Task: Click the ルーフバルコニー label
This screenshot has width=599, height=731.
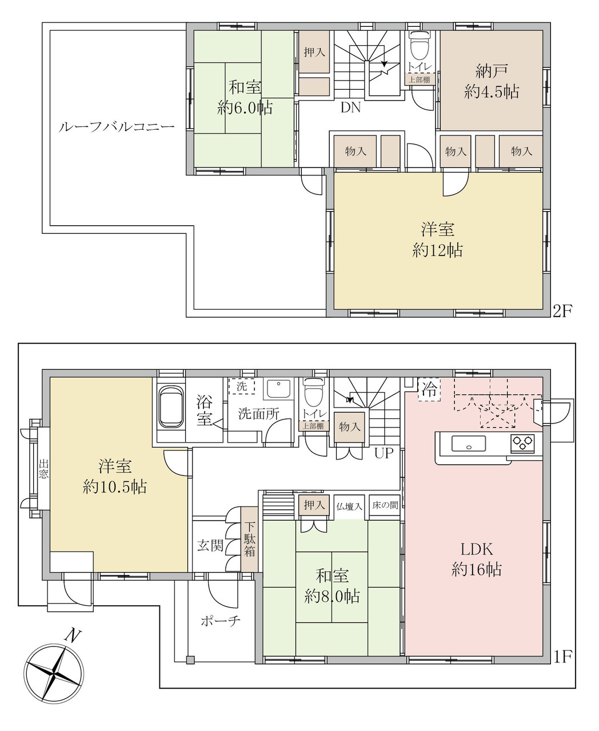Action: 117,127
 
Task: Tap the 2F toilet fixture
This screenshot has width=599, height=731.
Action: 420,46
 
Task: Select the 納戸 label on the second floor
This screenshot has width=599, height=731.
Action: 491,71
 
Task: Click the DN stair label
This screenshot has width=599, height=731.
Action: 350,107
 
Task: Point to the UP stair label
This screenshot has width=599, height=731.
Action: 384,453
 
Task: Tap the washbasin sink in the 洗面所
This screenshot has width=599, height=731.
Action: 278,389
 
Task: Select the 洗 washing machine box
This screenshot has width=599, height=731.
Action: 242,386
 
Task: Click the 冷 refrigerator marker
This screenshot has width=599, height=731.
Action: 429,390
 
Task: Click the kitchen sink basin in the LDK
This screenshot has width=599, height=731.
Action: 469,444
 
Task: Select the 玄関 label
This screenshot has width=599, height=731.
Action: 210,546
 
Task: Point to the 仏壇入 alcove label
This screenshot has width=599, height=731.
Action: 349,507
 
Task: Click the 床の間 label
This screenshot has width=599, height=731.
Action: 385,505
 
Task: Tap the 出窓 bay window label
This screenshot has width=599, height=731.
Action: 43,469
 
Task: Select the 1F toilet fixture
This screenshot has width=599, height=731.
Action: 314,392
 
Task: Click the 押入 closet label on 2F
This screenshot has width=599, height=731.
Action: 314,53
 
